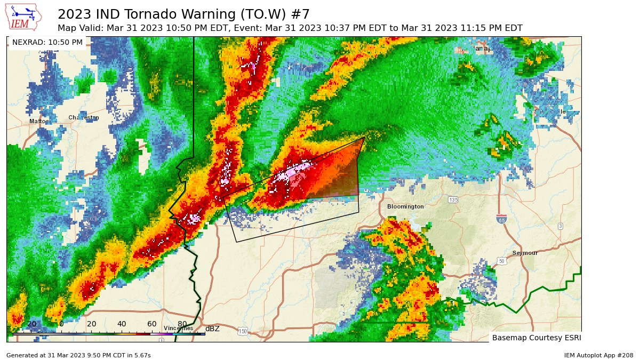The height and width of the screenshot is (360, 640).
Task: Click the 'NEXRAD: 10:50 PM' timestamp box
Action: click(47, 42)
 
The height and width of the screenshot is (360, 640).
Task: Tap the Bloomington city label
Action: click(405, 206)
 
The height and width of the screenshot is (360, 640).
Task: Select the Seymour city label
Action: click(525, 253)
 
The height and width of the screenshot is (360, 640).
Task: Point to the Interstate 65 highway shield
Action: click(501, 219)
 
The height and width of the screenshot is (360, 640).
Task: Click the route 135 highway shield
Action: click(453, 199)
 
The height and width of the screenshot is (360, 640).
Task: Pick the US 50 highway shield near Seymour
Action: click(501, 261)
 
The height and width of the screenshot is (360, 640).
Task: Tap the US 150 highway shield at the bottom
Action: click(243, 331)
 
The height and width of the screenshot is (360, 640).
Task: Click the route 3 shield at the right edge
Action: click(560, 226)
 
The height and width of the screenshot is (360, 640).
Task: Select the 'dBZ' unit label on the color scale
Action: click(212, 329)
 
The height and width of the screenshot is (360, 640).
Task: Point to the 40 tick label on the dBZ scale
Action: click(122, 324)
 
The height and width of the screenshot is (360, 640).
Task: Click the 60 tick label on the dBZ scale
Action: click(152, 324)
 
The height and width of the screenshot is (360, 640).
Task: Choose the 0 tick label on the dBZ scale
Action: click(61, 324)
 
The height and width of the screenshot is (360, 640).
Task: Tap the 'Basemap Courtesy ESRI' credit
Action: click(536, 338)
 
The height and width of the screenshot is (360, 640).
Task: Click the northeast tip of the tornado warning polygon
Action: click(364, 138)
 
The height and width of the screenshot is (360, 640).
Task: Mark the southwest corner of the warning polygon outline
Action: click(237, 242)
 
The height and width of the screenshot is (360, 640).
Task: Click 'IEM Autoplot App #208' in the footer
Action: click(598, 355)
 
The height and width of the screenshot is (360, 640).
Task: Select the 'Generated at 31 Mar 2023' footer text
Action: click(78, 355)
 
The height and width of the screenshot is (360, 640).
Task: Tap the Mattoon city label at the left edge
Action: click(38, 122)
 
